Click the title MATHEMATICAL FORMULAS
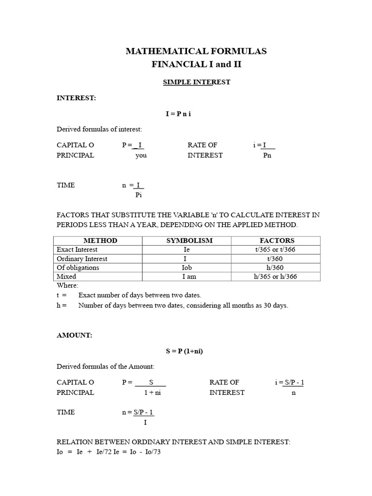(196, 51)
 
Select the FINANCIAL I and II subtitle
(196, 64)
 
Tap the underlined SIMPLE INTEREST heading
(196, 82)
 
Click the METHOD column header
(100, 240)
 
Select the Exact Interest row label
(77, 249)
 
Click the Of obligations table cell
(78, 267)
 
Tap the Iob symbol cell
(187, 267)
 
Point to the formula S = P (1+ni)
(182, 351)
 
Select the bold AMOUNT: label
(74, 335)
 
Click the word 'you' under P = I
(141, 155)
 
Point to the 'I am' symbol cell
(187, 277)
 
